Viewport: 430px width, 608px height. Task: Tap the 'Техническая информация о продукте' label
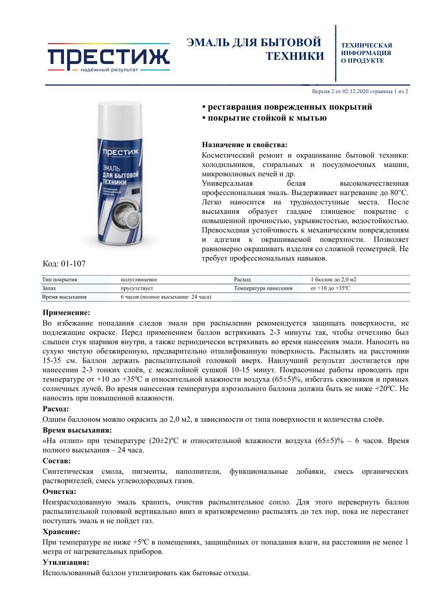pos(366,53)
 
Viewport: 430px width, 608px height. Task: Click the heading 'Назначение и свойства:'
pos(244,145)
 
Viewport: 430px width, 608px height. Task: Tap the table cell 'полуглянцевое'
pos(139,279)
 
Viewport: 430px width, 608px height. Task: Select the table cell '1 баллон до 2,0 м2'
pos(333,279)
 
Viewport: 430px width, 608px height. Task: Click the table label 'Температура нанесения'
pos(263,288)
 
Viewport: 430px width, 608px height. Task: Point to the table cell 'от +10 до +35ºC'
pos(330,288)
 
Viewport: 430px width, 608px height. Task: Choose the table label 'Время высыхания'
pos(64,297)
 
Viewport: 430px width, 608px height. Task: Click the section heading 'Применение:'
pos(66,313)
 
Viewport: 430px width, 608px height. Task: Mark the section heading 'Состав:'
pos(57,461)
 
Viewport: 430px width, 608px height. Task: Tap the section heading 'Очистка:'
pos(59,491)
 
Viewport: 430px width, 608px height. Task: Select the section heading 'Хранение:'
pos(61,532)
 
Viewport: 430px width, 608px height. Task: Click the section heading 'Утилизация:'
pos(66,562)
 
